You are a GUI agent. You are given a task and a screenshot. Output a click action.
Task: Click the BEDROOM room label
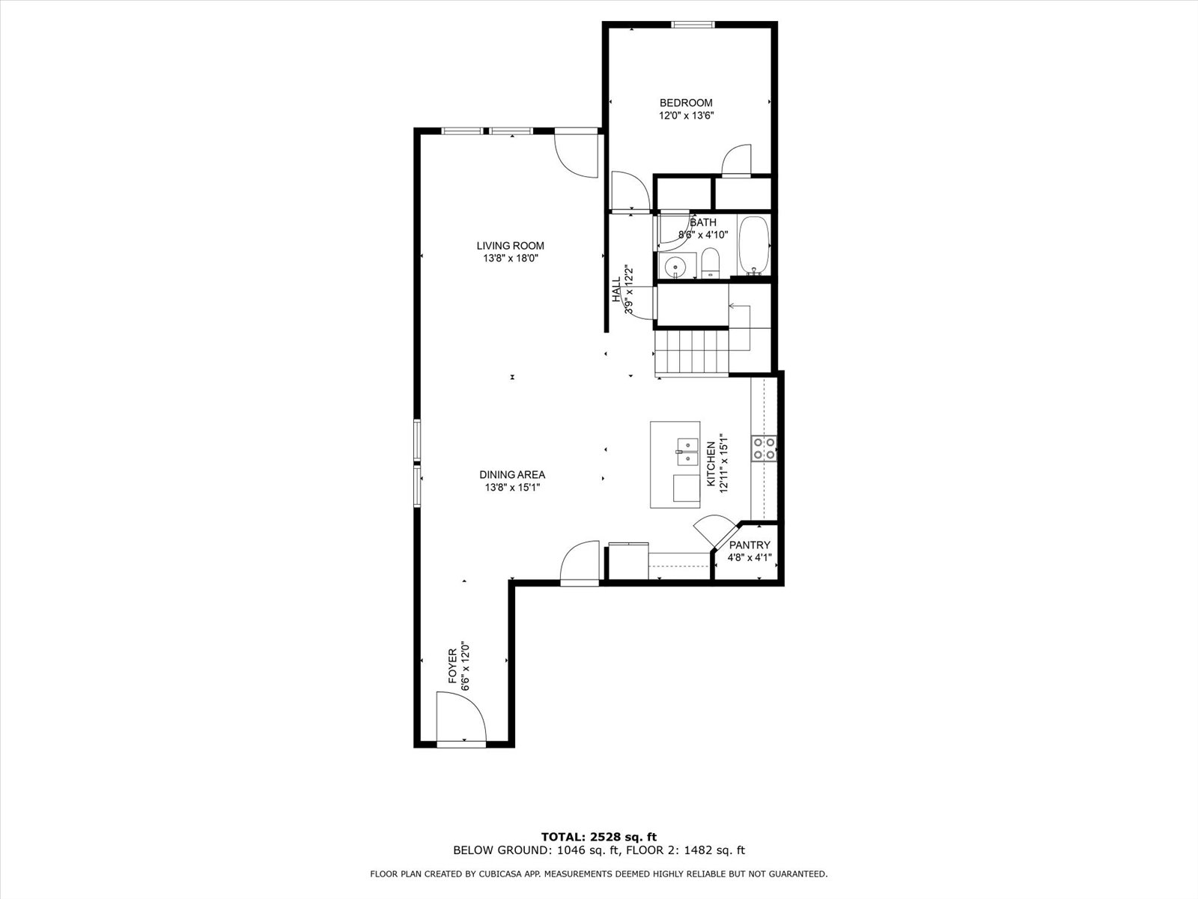686,103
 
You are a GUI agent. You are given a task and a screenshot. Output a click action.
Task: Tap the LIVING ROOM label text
511,246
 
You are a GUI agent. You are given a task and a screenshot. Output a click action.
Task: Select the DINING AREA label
512,475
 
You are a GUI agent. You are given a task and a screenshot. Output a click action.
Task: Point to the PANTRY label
749,545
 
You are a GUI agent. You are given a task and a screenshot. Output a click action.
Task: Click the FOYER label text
452,666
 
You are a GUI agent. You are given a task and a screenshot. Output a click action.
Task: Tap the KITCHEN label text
711,464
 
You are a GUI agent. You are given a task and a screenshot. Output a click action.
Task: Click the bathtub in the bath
754,246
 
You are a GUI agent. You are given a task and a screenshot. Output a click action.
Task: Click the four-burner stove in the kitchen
764,448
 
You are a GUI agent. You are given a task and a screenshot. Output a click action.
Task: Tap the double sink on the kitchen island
687,452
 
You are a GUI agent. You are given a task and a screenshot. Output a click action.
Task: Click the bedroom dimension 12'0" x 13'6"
686,115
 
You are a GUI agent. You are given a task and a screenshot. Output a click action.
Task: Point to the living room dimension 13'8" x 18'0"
511,258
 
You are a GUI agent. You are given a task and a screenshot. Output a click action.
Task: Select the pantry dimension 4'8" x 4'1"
749,558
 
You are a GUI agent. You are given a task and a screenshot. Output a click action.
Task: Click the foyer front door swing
461,717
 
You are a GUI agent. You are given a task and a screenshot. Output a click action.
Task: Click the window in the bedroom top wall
693,25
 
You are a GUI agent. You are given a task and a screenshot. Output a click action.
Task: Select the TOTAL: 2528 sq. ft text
599,837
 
